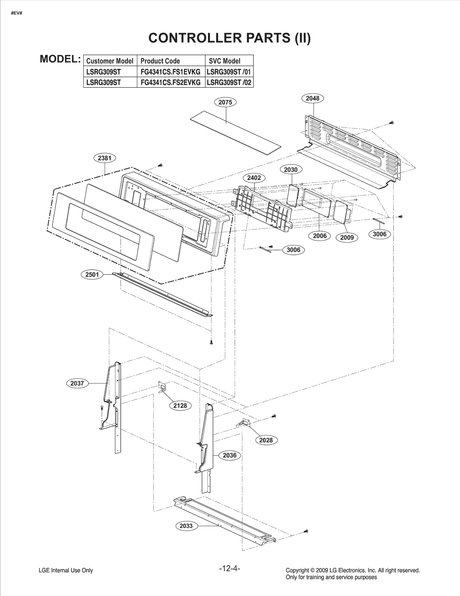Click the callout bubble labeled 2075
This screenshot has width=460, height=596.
[x=225, y=102]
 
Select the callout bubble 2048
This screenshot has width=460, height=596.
[x=313, y=98]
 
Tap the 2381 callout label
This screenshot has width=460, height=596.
[x=105, y=158]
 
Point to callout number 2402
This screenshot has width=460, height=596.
[x=254, y=178]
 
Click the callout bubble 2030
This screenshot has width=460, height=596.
[x=291, y=170]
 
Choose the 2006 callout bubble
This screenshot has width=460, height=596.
[x=320, y=236]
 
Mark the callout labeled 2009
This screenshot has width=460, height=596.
[x=347, y=237]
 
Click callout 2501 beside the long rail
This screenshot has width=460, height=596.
[x=92, y=275]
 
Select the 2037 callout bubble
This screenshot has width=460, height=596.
[x=77, y=383]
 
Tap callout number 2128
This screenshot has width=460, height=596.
[x=180, y=406]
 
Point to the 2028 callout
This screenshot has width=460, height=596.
[x=266, y=440]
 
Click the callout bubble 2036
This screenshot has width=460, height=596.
[x=230, y=455]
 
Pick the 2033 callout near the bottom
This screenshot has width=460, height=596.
[x=186, y=526]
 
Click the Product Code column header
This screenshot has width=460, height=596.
[x=160, y=61]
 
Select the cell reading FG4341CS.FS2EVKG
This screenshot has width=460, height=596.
[x=170, y=83]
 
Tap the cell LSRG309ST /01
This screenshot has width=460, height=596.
[x=229, y=72]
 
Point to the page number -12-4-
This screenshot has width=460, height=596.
[x=229, y=568]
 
